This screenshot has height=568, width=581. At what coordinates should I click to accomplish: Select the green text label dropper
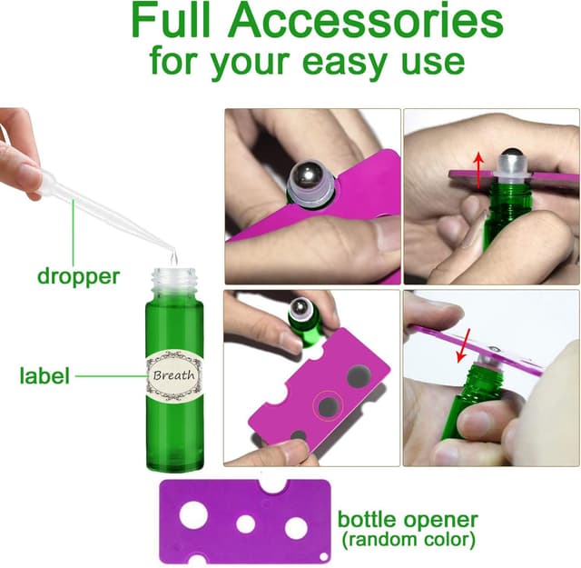(x=78, y=275)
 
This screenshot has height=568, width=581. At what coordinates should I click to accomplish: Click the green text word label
(x=44, y=374)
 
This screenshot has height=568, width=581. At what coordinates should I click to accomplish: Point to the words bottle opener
(x=408, y=520)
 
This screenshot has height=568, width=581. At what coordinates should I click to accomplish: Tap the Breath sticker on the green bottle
(x=175, y=374)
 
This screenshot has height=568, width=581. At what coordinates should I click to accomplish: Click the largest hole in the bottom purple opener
(x=193, y=513)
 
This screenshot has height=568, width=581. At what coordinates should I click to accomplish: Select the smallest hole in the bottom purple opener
(x=245, y=523)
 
